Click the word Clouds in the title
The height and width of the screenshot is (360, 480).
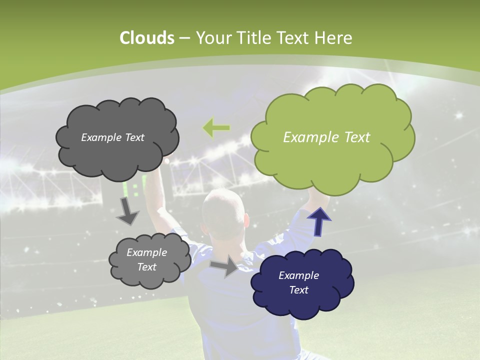pyautogui.click(x=146, y=38)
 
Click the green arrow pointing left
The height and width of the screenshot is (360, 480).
pyautogui.click(x=216, y=128)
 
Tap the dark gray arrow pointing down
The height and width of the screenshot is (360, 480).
pyautogui.click(x=128, y=210)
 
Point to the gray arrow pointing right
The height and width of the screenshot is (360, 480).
pyautogui.click(x=224, y=266)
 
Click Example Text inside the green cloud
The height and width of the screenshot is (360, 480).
pyautogui.click(x=326, y=137)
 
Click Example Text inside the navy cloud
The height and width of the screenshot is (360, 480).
pyautogui.click(x=298, y=282)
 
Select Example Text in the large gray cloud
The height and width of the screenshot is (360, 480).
pyautogui.click(x=112, y=137)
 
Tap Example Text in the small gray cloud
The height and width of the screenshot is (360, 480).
pyautogui.click(x=146, y=259)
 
